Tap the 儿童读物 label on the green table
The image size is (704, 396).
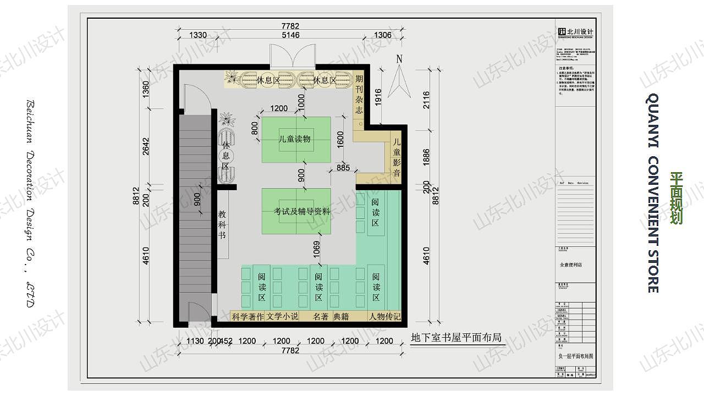pyautogui.click(x=295, y=139)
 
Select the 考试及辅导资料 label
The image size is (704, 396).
pyautogui.click(x=302, y=211)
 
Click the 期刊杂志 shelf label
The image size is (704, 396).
pyautogui.click(x=359, y=94)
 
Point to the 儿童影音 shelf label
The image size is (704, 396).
pyautogui.click(x=397, y=157)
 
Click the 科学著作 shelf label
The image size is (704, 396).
pyautogui.click(x=248, y=317)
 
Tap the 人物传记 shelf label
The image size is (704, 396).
pyautogui.click(x=385, y=317)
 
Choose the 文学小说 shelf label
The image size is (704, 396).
pyautogui.click(x=282, y=317)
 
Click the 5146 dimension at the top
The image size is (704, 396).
pyautogui.click(x=290, y=35)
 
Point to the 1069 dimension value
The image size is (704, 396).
pyautogui.click(x=316, y=251)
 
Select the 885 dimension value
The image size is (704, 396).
pyautogui.click(x=343, y=168)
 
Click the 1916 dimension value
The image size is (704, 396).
pyautogui.click(x=377, y=97)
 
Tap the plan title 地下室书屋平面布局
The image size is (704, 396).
pyautogui.click(x=457, y=337)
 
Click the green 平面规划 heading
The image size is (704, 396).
pyautogui.click(x=676, y=198)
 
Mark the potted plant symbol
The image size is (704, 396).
pyautogui.click(x=226, y=119)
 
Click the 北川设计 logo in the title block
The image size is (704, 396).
pyautogui.click(x=575, y=32)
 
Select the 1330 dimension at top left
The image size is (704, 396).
pyautogui.click(x=198, y=35)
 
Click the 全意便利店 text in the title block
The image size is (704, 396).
pyautogui.click(x=570, y=265)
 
